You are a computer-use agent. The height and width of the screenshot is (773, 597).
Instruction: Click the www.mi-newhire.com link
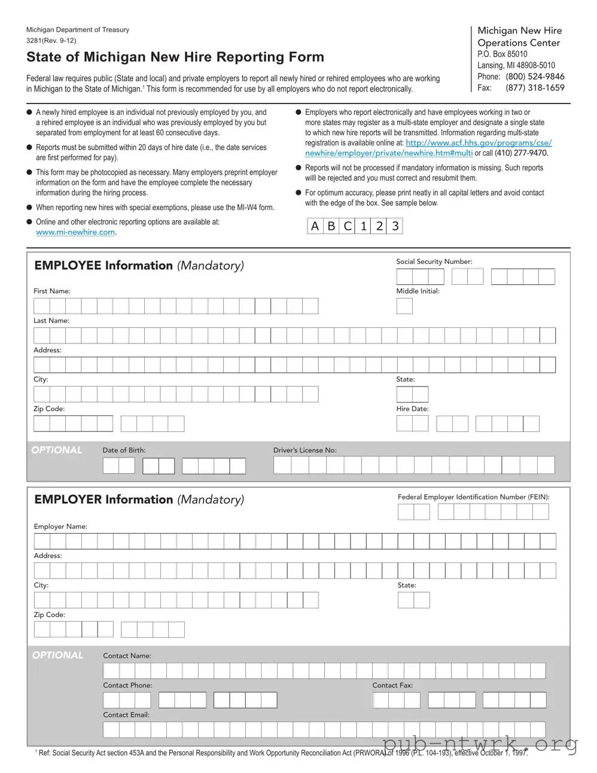[x=75, y=232]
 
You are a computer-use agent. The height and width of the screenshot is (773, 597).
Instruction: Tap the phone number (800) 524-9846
[x=534, y=77]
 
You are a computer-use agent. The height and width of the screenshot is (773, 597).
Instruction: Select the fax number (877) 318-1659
[x=534, y=88]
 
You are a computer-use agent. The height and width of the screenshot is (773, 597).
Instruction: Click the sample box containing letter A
[x=315, y=226]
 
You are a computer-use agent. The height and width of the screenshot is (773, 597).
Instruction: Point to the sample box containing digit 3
[x=395, y=226]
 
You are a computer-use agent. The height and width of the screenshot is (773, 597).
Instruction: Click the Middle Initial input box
[x=404, y=306]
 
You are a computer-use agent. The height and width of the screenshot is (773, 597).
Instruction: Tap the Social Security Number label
[x=434, y=261]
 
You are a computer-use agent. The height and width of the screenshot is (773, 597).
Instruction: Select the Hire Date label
[x=412, y=409]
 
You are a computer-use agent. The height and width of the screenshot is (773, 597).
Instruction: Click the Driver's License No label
[x=304, y=450]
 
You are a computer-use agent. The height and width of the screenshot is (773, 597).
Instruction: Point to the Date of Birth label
[x=124, y=450]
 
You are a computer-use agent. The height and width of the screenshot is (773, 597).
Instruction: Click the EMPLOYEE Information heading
[x=139, y=266]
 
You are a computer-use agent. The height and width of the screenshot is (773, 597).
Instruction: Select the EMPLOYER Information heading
[x=139, y=500]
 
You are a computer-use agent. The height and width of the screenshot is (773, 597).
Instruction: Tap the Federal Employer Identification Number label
[x=473, y=497]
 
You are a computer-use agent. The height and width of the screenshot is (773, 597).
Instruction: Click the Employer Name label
[x=60, y=527]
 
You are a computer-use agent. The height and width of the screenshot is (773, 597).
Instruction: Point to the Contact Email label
[x=126, y=714]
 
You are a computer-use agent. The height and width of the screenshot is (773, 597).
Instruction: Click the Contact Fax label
[x=392, y=685]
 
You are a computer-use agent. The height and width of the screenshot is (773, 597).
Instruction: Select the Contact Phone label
[x=127, y=685]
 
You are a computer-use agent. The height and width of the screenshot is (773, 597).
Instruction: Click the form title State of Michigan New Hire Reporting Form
[x=175, y=57]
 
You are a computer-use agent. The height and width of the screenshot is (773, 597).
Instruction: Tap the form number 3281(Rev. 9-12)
[x=51, y=41]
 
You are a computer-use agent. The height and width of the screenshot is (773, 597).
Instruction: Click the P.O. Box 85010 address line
[x=502, y=54]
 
